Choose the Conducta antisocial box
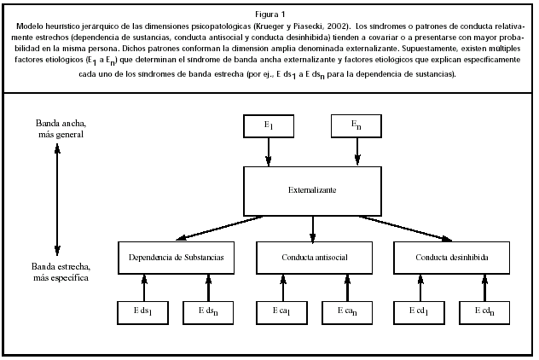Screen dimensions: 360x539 click(313, 257)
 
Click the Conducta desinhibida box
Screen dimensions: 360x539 click(452, 257)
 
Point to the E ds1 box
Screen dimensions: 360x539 click(144, 312)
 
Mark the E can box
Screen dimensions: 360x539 click(345, 312)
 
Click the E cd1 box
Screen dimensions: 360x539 click(419, 312)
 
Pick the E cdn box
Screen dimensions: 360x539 click(484, 312)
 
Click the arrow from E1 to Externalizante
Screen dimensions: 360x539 click(269, 153)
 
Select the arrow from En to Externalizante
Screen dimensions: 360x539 click(356, 153)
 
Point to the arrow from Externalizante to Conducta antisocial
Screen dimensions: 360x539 click(313, 228)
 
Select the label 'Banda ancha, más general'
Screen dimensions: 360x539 click(56, 131)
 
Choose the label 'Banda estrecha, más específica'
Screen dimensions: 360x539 click(56, 272)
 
